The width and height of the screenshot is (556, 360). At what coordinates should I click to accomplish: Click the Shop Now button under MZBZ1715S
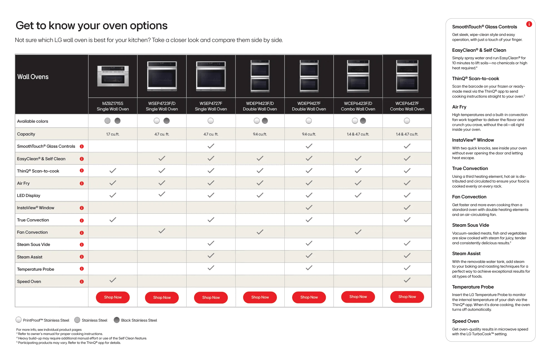click(x=113, y=297)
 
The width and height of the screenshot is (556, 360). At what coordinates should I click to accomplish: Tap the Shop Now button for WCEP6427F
click(x=407, y=297)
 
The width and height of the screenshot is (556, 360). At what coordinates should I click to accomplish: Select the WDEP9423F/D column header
click(x=260, y=106)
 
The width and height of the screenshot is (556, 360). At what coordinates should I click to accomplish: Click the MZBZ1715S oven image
click(x=113, y=76)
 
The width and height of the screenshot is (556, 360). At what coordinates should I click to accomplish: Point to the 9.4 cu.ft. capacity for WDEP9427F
click(x=309, y=134)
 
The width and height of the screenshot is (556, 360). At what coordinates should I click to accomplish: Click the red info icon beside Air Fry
click(x=82, y=183)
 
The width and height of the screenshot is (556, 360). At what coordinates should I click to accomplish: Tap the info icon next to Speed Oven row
click(x=82, y=282)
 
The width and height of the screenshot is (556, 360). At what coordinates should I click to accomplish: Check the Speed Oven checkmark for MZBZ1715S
click(x=113, y=280)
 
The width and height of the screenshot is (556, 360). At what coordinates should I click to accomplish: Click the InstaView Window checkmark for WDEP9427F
click(x=309, y=207)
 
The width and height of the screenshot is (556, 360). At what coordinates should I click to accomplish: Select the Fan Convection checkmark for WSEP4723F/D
click(x=162, y=231)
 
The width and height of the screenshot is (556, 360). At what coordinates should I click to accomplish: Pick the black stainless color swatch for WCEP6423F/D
click(x=363, y=121)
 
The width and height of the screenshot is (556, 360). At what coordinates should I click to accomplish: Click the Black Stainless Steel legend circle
click(x=117, y=320)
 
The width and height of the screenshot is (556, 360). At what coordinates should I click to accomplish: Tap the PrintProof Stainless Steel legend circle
click(x=19, y=320)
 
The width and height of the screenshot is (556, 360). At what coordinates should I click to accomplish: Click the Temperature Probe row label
click(x=36, y=269)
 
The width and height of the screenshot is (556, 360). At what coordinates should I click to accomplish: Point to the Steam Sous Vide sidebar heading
click(x=470, y=225)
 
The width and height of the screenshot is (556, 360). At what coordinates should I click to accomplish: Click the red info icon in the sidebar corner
click(x=529, y=24)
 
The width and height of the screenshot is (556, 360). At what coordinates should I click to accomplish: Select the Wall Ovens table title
click(x=33, y=77)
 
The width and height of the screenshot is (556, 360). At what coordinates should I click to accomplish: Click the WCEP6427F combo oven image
click(x=407, y=76)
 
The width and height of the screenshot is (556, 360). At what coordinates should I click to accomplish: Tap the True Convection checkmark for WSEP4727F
click(x=211, y=220)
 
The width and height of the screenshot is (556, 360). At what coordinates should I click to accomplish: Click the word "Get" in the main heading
click(x=25, y=26)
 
